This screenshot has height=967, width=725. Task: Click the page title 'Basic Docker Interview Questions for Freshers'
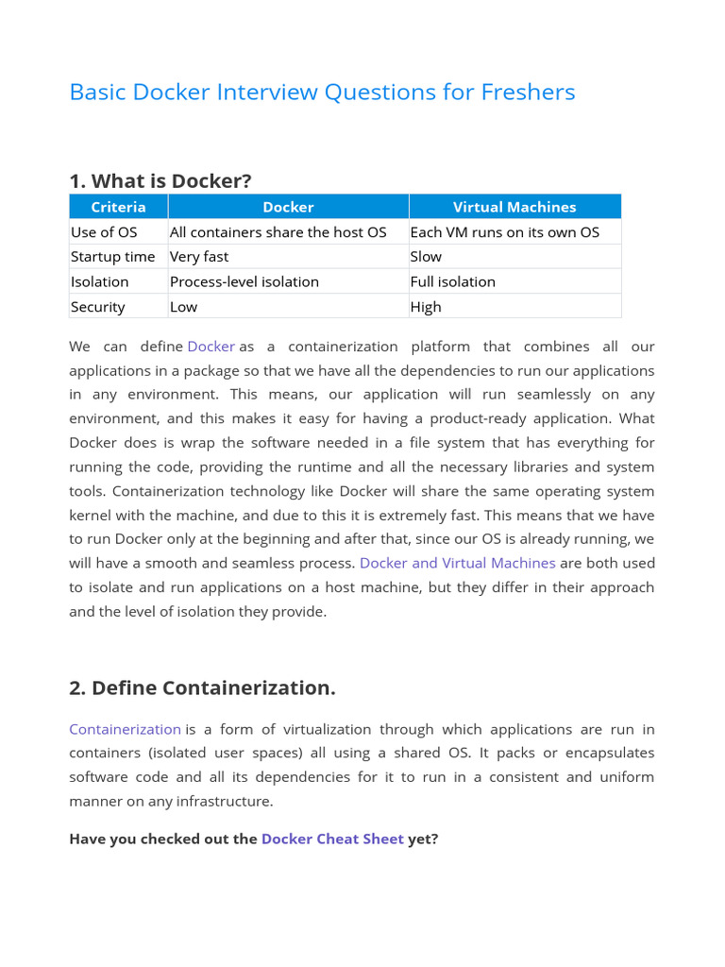click(x=322, y=92)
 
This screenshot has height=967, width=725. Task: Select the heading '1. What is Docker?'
click(x=160, y=180)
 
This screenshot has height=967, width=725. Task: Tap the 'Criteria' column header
click(x=118, y=207)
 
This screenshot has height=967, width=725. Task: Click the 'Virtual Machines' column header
click(x=514, y=207)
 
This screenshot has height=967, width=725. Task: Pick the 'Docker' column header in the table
click(x=288, y=207)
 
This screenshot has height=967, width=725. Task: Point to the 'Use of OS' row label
click(x=104, y=232)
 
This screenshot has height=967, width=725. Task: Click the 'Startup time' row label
click(x=112, y=257)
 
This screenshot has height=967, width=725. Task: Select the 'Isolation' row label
click(x=99, y=281)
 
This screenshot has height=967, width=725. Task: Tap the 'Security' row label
click(x=97, y=307)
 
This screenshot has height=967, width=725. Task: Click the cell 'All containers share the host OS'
click(x=278, y=232)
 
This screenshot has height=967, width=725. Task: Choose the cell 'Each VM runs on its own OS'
click(x=504, y=232)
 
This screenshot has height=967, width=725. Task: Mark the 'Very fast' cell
click(x=199, y=257)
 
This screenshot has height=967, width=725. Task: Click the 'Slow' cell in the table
click(x=426, y=257)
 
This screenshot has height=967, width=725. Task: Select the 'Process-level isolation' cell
click(x=244, y=281)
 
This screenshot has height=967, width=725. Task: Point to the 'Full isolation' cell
click(x=452, y=281)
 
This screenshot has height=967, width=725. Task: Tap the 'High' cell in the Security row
click(x=426, y=307)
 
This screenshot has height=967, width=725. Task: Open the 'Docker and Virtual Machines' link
click(x=458, y=563)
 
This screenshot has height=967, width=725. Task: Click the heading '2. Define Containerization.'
click(x=202, y=687)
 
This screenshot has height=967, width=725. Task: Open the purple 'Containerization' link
click(x=125, y=729)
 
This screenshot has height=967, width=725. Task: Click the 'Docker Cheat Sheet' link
click(x=332, y=839)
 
